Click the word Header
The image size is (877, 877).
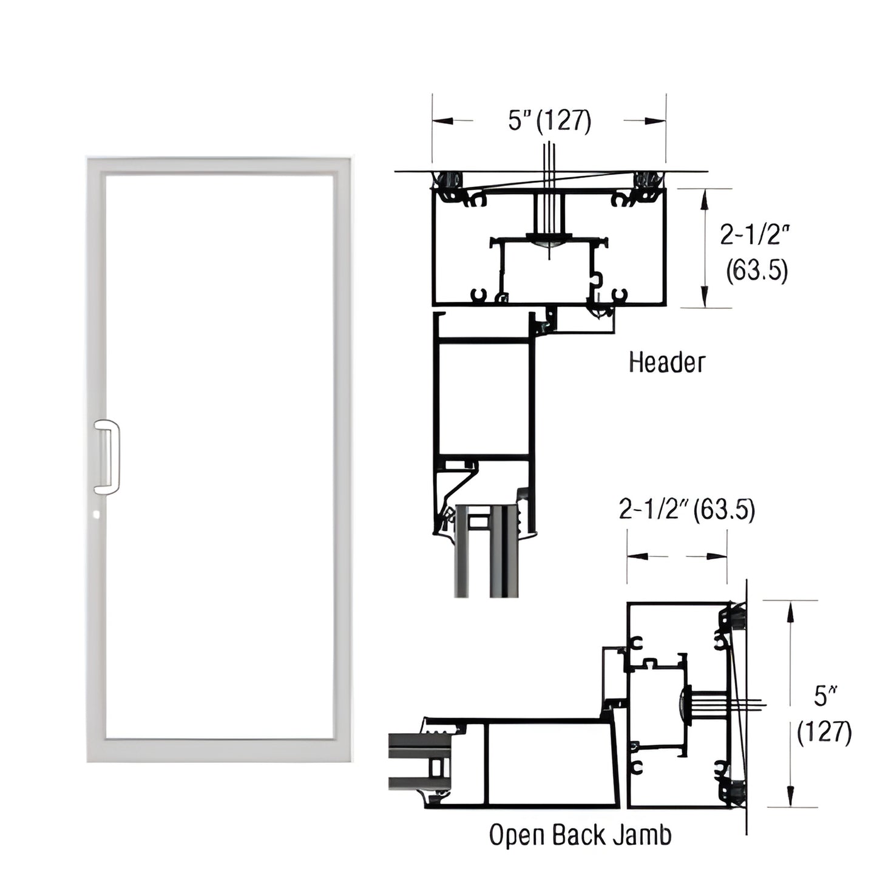(x=666, y=362)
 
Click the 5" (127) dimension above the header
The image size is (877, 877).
(x=549, y=121)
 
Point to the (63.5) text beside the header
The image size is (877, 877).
(x=757, y=270)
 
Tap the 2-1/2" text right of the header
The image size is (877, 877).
(x=756, y=234)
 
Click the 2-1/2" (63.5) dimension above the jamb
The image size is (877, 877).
(x=686, y=510)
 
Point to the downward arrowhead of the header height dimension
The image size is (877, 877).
(x=705, y=297)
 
